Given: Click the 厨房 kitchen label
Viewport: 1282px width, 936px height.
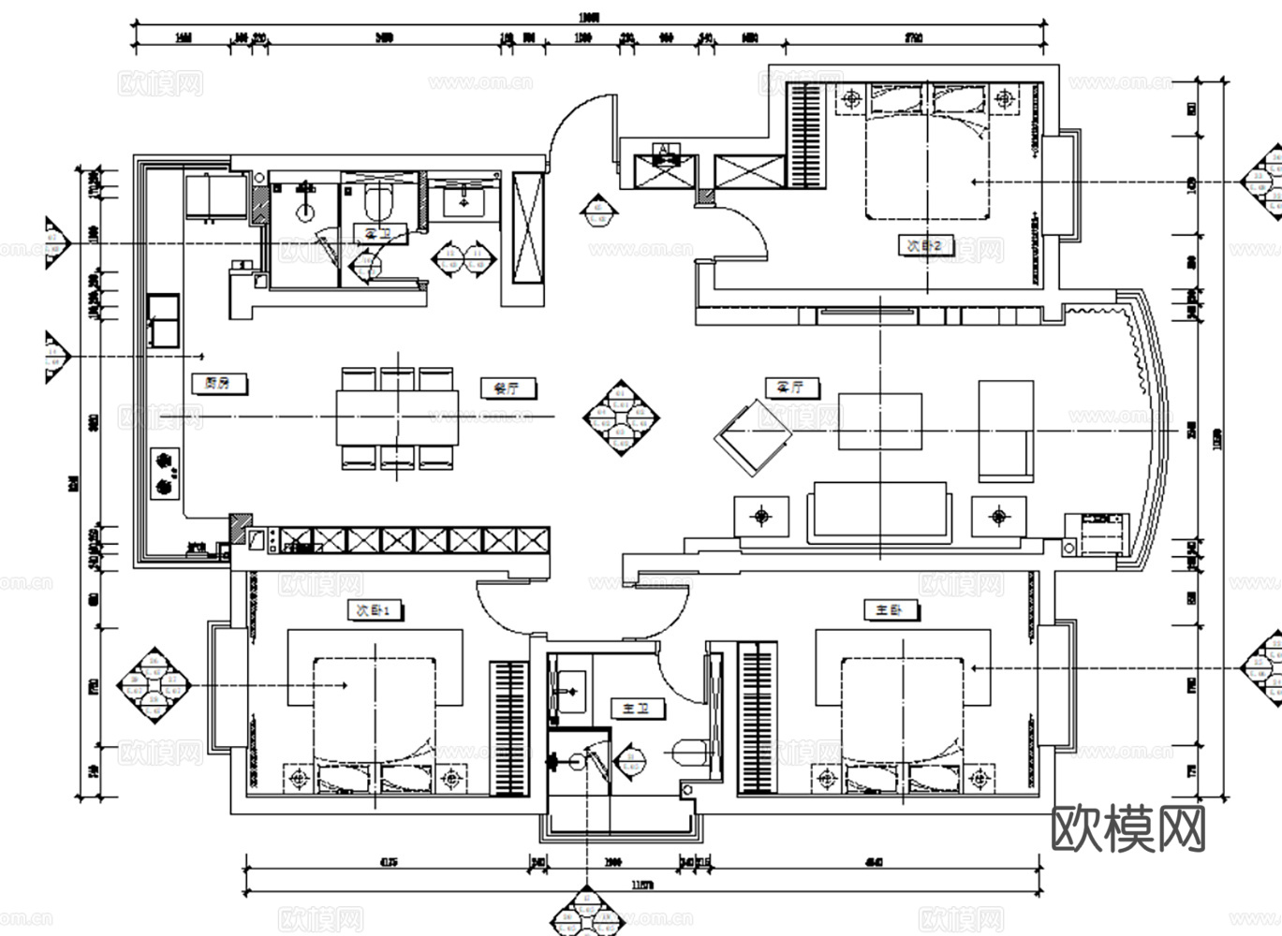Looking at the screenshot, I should pos(216,383).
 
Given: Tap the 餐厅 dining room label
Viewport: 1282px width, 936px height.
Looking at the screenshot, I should pos(506,387).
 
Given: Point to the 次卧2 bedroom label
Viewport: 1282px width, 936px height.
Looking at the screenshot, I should pos(925,246).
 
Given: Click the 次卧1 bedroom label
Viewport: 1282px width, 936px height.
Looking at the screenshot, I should pos(376,610).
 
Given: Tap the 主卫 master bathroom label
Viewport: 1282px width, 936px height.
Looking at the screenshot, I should pos(637,709).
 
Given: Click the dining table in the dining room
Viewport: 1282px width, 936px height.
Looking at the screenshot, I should pos(398,417).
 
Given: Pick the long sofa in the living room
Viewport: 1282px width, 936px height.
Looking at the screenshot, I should pos(878,512).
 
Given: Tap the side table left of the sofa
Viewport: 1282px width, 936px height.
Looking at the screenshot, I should pos(762,515).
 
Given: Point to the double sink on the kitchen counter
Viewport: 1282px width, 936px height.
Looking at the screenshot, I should pos(163,320).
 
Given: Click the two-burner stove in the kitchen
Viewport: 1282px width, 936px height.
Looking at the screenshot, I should pos(165,473).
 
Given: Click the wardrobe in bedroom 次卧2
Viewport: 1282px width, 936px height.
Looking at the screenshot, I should pos(805,135).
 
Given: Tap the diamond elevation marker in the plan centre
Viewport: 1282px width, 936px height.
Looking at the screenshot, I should pos(621,417).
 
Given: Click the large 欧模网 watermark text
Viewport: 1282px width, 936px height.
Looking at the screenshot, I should pos(1128,829).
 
